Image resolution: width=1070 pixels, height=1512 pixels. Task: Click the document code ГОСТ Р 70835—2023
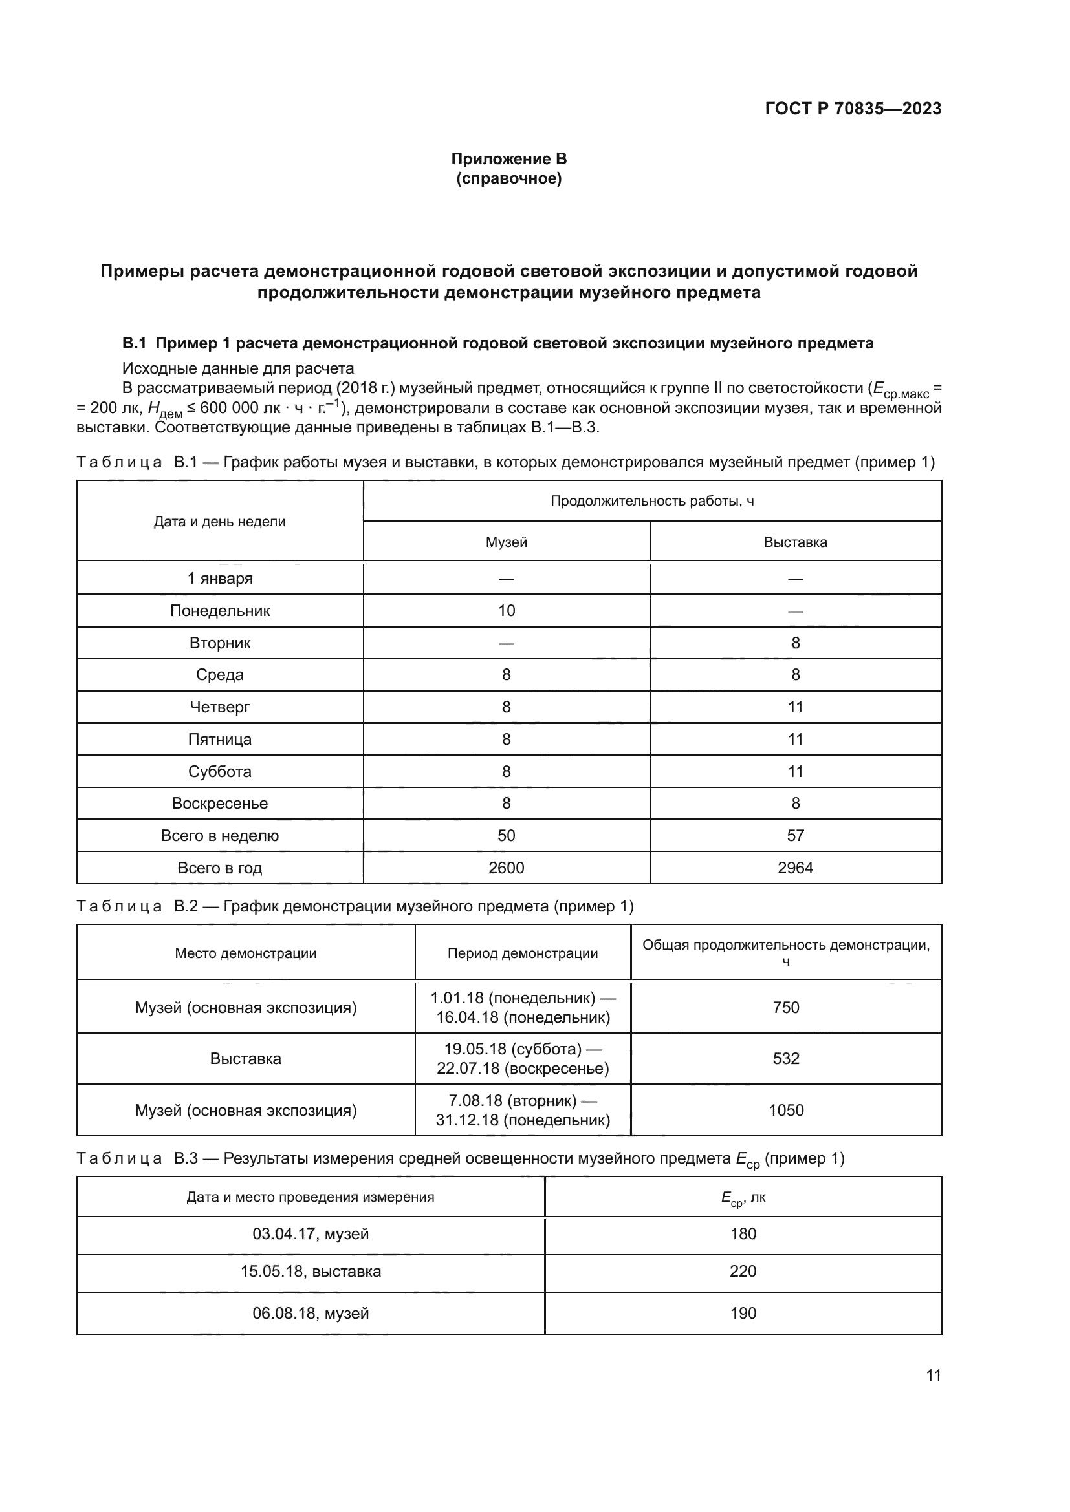click(x=853, y=109)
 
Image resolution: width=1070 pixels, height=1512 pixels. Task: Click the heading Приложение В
click(x=508, y=159)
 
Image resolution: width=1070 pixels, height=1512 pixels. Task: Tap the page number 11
click(x=933, y=1375)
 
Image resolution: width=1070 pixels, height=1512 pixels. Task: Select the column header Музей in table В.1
click(x=506, y=542)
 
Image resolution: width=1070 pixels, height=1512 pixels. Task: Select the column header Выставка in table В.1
click(x=795, y=542)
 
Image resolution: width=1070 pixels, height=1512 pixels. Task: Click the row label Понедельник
click(x=219, y=610)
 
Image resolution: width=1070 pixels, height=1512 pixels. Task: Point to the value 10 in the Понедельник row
click(x=506, y=610)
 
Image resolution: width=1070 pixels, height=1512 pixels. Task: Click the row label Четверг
click(x=219, y=707)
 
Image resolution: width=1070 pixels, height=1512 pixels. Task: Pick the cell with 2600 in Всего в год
click(x=506, y=868)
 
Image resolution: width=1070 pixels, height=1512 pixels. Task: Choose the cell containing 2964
click(x=795, y=868)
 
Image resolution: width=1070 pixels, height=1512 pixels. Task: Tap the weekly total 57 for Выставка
click(x=795, y=835)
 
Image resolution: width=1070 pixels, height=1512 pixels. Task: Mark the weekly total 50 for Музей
click(x=506, y=835)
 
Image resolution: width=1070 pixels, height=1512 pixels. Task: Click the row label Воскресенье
click(x=219, y=803)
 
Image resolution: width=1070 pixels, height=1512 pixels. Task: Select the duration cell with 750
click(x=785, y=1007)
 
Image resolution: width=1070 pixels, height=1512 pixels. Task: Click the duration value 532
click(x=785, y=1058)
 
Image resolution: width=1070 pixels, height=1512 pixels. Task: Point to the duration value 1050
click(x=785, y=1110)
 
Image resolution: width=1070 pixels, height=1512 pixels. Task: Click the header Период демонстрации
click(x=523, y=953)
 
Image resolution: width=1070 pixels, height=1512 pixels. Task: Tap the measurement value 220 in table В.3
click(x=743, y=1270)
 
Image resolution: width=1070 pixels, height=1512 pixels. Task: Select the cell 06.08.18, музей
click(x=311, y=1313)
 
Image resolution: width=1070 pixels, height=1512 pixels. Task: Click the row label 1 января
click(x=219, y=578)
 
